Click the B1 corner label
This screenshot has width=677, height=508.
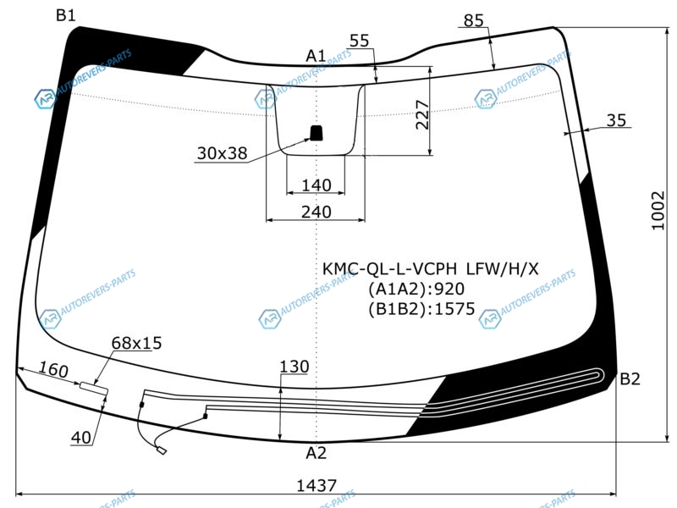[66, 15]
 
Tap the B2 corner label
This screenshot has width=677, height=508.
[630, 378]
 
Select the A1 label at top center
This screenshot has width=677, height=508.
[316, 56]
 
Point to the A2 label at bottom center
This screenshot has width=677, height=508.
[316, 453]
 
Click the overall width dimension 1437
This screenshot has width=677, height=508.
[316, 485]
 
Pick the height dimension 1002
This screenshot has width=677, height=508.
[658, 211]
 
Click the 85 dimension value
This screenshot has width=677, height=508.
[474, 20]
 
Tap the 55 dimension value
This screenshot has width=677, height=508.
[359, 41]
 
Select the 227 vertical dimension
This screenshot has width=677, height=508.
[422, 115]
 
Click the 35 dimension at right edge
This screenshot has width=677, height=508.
[616, 120]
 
